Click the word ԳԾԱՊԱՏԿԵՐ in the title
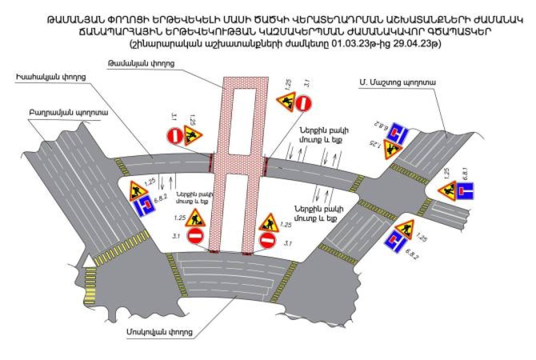pyautogui.click(x=458, y=31)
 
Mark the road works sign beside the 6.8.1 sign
pyautogui.click(x=447, y=190)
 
